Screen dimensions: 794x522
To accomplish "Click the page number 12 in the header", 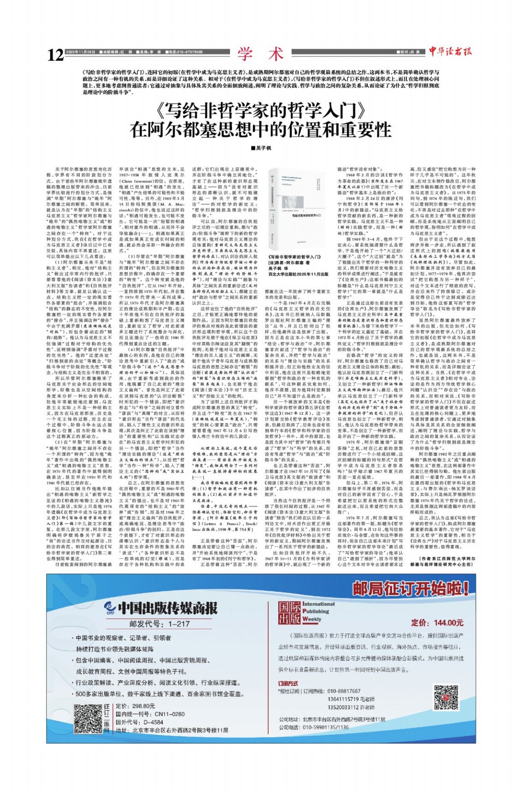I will click(55, 55).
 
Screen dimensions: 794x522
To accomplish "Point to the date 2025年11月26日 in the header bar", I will click(80, 52).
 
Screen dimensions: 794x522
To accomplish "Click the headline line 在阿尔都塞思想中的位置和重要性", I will click(260, 130).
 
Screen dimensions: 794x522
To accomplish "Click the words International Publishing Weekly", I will click(318, 612).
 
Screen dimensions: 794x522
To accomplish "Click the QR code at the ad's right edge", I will click(446, 697).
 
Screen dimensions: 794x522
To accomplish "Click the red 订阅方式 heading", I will click(288, 684).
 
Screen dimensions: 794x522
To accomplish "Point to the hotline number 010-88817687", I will click(344, 691).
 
